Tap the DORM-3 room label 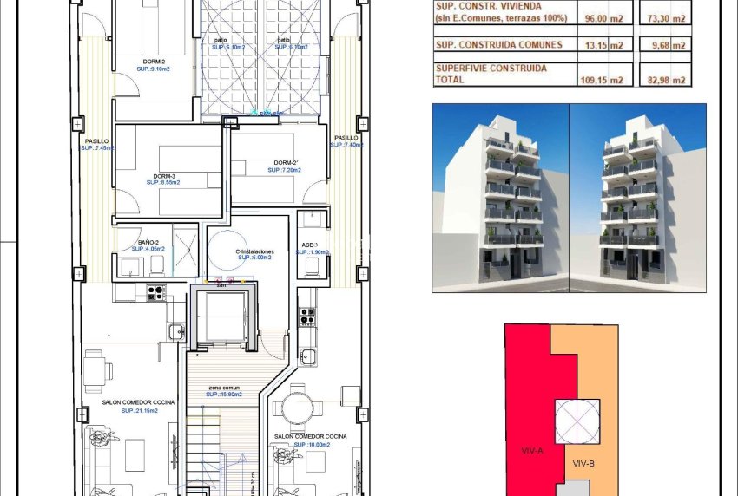[x=162, y=174]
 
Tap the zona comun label [x=223, y=387]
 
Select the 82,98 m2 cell [x=668, y=80]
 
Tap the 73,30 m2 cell [x=668, y=17]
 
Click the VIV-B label [x=583, y=463]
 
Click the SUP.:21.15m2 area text [x=139, y=410]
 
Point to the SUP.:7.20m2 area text [x=284, y=171]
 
